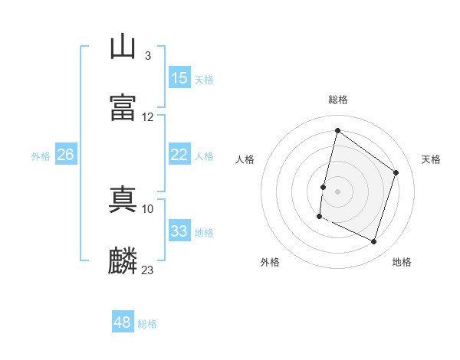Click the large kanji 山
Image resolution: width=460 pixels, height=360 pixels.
coord(123,46)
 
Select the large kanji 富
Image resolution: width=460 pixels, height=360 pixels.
coord(123,107)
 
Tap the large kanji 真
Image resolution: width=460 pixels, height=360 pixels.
coord(123,199)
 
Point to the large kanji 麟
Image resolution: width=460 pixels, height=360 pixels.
coord(123,260)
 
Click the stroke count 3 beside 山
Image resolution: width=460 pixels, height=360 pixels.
coord(148,56)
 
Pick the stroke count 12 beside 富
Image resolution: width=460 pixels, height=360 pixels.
coord(147,117)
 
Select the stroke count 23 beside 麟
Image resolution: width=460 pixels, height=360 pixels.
coord(147,270)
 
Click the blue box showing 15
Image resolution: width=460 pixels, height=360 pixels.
coord(179,77)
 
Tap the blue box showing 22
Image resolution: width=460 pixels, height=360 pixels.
coord(179,154)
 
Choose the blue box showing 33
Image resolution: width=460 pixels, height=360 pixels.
coord(179,230)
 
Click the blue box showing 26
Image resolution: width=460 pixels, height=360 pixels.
coord(66,154)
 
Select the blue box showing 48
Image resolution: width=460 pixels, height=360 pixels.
coord(123,321)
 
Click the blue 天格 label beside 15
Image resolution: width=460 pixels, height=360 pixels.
coord(204,80)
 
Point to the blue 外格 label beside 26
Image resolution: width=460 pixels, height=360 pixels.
coord(41,156)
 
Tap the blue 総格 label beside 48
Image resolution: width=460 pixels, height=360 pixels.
coord(147,324)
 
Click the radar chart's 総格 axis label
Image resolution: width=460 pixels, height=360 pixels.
coord(338,100)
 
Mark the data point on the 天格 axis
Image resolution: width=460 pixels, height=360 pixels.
coord(396,172)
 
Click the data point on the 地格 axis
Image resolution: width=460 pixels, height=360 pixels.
coord(373,241)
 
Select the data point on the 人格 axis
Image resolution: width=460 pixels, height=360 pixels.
coord(324,188)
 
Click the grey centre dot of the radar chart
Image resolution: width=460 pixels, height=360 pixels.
coord(337,191)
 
